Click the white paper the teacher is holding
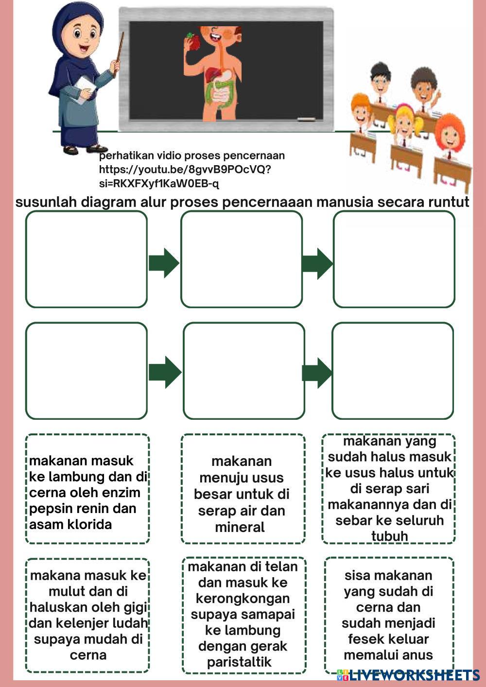tap(86, 85)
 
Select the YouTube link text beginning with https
tap(184, 170)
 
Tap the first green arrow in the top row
tap(163, 263)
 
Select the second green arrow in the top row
tap(317, 263)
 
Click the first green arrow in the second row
tap(164, 372)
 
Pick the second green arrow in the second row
tap(317, 373)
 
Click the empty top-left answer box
tap(87, 259)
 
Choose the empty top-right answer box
tap(394, 259)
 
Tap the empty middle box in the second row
tap(244, 370)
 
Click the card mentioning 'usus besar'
tap(242, 494)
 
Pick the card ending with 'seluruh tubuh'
tap(389, 488)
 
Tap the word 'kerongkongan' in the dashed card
tap(243, 599)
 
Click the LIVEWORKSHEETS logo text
tap(414, 675)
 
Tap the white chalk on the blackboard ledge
tap(306, 119)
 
